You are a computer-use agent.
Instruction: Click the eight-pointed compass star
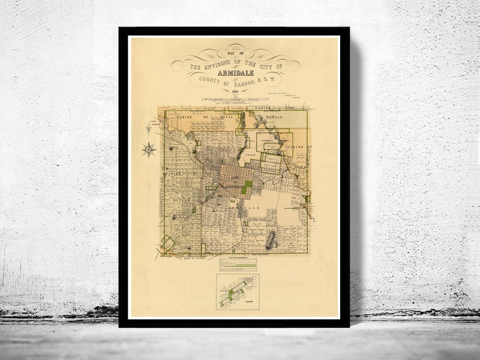click(x=149, y=149)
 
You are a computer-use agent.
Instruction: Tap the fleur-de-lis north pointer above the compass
click(x=149, y=128)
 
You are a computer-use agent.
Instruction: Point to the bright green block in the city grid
click(x=246, y=187)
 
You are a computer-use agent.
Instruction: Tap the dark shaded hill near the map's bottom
click(x=271, y=240)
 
